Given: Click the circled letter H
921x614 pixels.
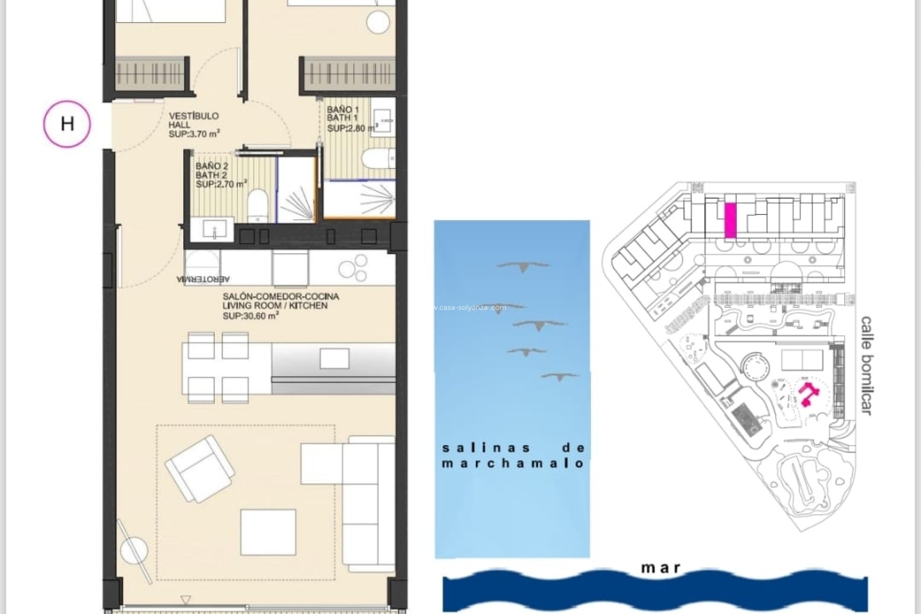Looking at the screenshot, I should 67,124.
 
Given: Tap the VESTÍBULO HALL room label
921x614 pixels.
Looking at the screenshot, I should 194,125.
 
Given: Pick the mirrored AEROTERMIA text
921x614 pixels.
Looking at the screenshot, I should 203,279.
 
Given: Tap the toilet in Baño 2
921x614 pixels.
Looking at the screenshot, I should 258,205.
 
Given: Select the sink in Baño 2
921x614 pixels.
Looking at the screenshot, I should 213,230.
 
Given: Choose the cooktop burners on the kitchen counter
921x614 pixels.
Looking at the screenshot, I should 353,268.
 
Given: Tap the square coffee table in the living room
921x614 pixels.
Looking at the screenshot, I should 268,532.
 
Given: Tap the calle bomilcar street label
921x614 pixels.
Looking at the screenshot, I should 866,365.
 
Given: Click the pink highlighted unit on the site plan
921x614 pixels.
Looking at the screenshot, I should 730,220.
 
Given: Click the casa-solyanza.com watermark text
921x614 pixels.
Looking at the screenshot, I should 470,307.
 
